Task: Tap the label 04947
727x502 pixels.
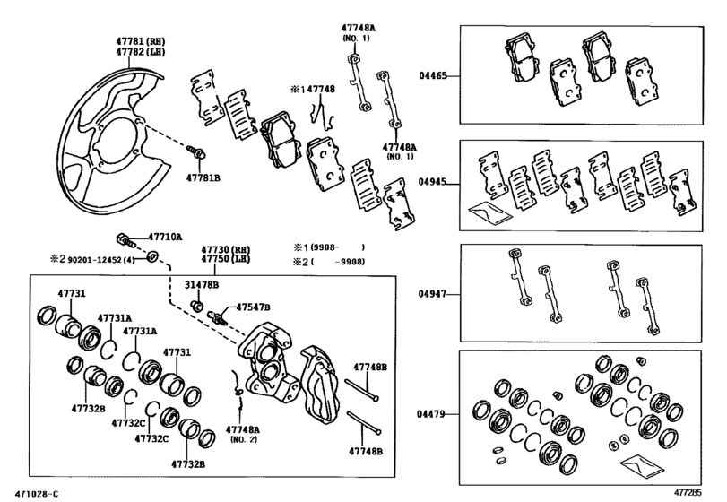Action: [433, 293]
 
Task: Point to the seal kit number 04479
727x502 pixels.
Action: [433, 415]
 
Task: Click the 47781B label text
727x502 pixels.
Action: [203, 178]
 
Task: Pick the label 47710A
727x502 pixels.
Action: [165, 238]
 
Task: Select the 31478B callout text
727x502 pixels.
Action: [202, 284]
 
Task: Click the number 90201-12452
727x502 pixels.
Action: [98, 260]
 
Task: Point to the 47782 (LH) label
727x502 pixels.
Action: [139, 53]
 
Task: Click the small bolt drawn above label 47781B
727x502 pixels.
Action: [200, 152]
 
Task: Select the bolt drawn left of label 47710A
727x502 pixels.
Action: [125, 238]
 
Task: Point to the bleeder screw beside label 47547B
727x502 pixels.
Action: [217, 316]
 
